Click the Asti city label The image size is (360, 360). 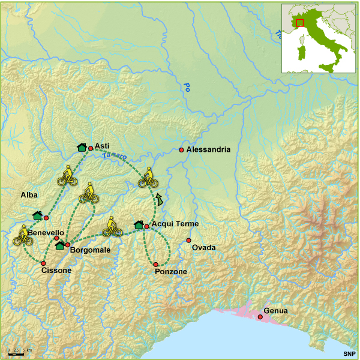pos(103,146)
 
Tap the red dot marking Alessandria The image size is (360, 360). pos(181,149)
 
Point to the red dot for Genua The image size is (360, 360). pos(260,317)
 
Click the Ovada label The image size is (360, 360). pos(203,248)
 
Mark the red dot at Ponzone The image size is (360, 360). pos(155,265)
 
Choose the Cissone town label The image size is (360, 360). pos(57,271)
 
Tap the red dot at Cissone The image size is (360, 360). pos(43,263)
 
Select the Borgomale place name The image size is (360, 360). pos(90,250)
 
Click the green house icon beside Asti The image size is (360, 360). pos(82,147)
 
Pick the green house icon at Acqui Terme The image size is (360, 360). pos(139,225)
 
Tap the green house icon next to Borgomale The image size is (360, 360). pos(59,245)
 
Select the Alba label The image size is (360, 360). pos(29,196)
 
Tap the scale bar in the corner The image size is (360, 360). pos(16,353)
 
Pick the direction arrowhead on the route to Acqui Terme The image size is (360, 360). pos(159,199)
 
